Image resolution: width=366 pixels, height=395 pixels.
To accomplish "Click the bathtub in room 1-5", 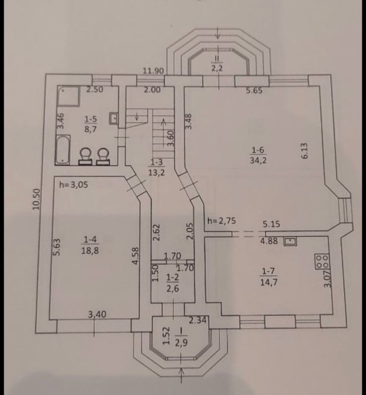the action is click(62, 150).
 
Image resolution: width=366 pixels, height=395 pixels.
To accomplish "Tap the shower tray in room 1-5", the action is click(68, 96).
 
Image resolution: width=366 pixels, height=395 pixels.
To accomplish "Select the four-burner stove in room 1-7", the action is click(322, 262).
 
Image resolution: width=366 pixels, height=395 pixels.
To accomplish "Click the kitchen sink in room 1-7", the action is click(290, 241).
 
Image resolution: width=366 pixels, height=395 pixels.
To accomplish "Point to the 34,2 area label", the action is click(258, 160).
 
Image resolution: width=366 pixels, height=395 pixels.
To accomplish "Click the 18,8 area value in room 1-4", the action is click(90, 251).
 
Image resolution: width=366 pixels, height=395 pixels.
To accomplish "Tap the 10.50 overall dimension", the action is click(37, 199).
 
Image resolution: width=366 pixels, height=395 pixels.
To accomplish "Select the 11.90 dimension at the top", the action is click(153, 71).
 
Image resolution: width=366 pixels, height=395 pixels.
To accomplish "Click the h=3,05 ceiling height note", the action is click(74, 185).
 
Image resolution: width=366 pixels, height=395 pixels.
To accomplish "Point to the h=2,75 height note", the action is click(222, 221).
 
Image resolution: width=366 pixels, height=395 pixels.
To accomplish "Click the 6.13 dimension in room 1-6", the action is click(304, 151).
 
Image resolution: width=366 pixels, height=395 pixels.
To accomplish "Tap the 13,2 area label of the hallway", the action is click(157, 173).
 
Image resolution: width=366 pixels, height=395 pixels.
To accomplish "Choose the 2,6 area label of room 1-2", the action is click(173, 288).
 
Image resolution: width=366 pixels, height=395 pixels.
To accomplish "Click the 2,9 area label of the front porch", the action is click(182, 343).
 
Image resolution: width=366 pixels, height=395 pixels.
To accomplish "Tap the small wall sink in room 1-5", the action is click(114, 119).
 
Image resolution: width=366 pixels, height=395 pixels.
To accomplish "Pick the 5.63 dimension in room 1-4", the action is click(57, 248).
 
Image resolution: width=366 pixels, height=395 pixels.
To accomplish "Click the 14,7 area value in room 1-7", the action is click(269, 282).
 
